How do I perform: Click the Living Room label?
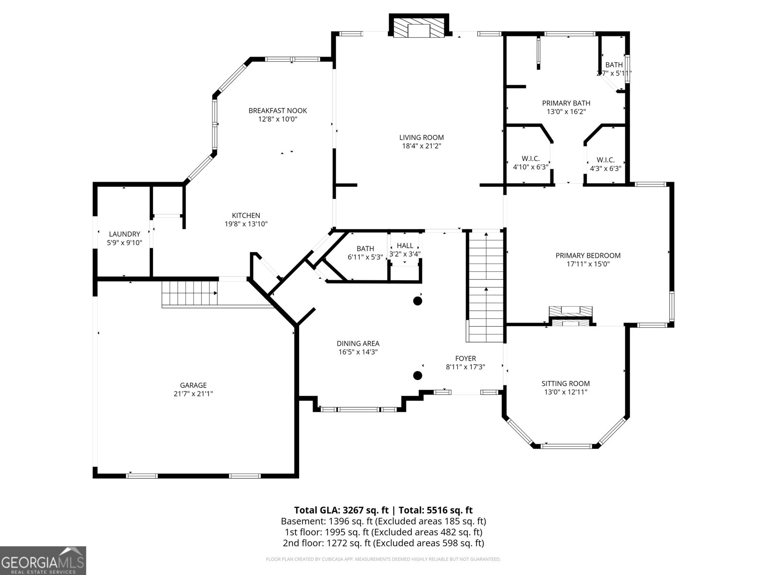[x=421, y=138]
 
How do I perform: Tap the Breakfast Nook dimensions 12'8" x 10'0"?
[x=278, y=119]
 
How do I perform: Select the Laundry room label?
[x=124, y=234]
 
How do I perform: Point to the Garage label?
[x=193, y=385]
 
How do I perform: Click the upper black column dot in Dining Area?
[x=418, y=301]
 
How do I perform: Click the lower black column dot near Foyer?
[x=418, y=375]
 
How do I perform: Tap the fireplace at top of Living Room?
[x=419, y=28]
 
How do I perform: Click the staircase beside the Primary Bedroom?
[x=486, y=286]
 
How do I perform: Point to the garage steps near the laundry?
[x=189, y=293]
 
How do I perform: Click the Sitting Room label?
[x=566, y=383]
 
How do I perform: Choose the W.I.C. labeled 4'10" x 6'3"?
[x=530, y=163]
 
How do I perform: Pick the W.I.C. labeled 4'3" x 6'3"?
[x=605, y=164]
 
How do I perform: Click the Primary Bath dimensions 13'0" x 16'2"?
[x=566, y=112]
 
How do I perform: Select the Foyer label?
[x=465, y=358]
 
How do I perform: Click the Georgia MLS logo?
[x=43, y=561]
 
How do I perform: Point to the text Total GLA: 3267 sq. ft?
[x=342, y=510]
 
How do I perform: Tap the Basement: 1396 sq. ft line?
[x=383, y=521]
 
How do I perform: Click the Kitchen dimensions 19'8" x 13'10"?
[x=246, y=224]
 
